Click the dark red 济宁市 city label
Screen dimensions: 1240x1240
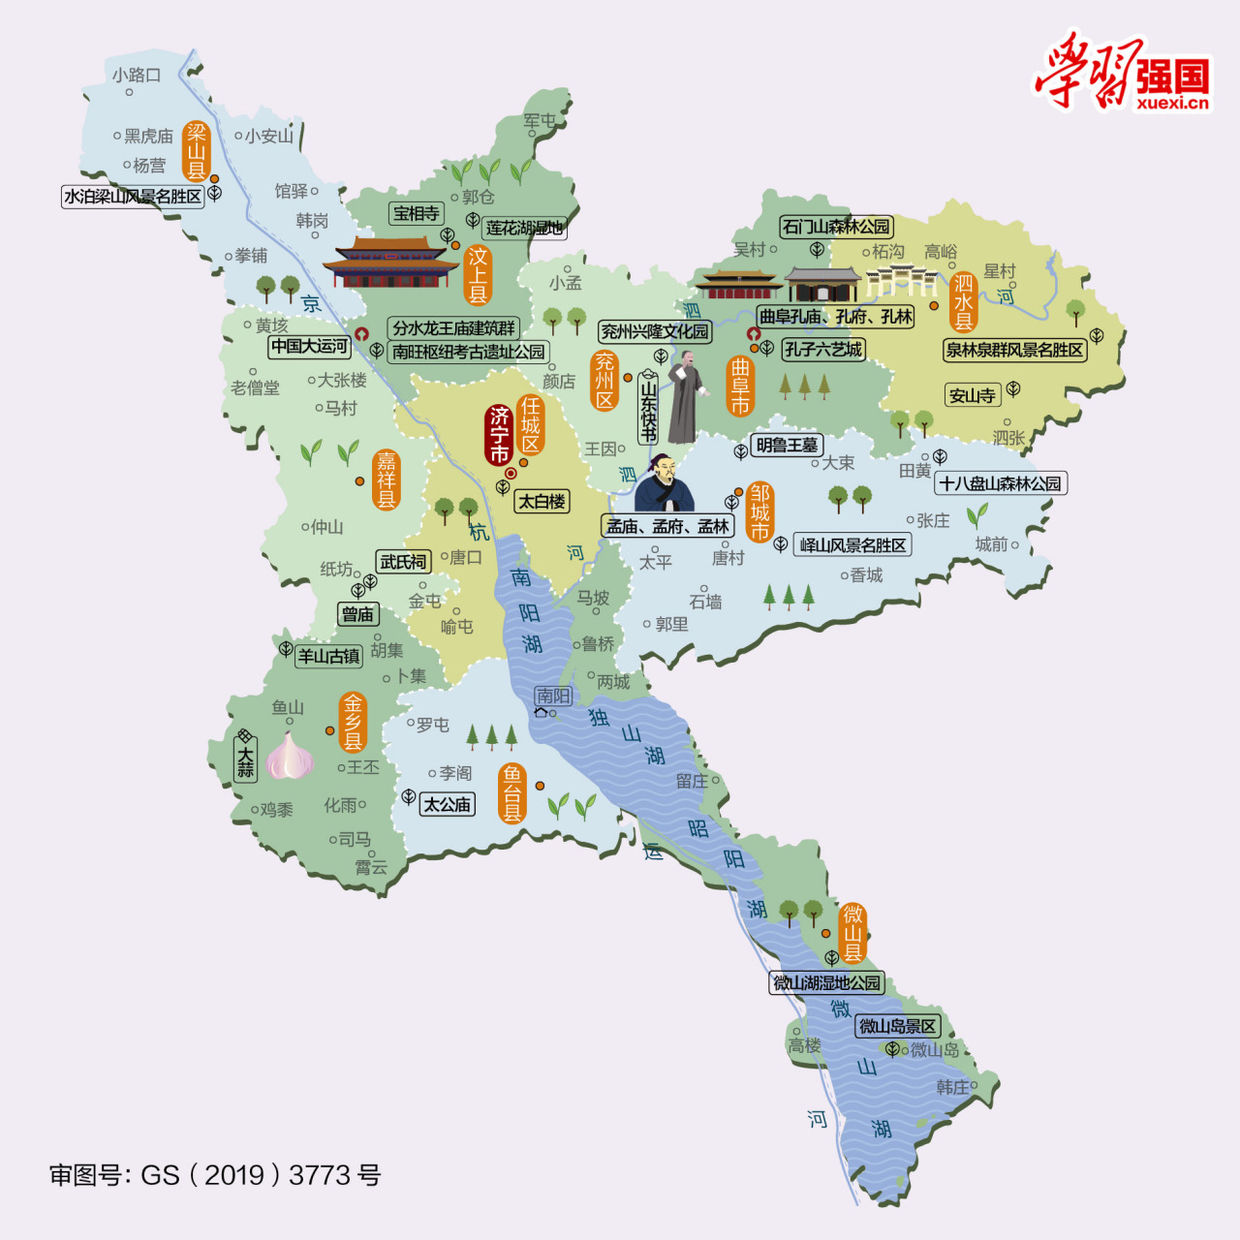[x=499, y=435]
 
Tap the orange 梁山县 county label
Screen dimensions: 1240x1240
[x=197, y=151]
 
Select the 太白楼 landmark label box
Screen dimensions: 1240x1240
[x=542, y=502]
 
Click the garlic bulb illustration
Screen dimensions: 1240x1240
[x=290, y=756]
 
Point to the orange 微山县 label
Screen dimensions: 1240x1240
[x=852, y=932]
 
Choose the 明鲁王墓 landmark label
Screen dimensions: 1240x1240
[x=788, y=445]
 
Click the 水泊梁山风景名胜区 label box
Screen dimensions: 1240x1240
[x=133, y=197]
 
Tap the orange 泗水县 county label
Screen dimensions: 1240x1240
[x=963, y=301]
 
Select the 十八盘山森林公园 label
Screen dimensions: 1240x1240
[x=1001, y=483]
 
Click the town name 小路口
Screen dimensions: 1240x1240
[x=136, y=75]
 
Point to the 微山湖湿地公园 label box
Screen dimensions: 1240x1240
[x=827, y=983]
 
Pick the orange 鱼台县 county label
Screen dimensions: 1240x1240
[x=511, y=793]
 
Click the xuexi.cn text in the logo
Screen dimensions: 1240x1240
[x=1173, y=104]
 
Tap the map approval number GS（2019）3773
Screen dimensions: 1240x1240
[x=215, y=1175]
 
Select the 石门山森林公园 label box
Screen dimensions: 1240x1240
[x=836, y=227]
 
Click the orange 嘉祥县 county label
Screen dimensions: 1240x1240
[x=386, y=480]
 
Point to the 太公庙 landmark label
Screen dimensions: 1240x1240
[x=448, y=804]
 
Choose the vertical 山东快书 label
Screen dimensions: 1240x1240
[x=648, y=408]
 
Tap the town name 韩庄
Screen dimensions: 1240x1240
[x=952, y=1087]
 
